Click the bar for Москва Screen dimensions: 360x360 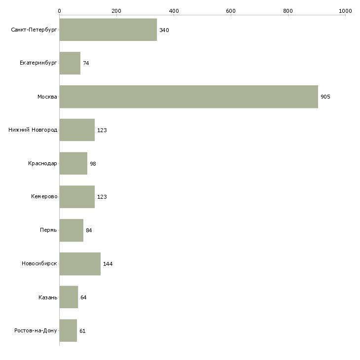tap(189, 97)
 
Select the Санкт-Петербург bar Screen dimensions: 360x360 tap(108, 30)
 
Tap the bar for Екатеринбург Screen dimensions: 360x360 tap(70, 63)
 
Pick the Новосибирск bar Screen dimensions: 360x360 tap(80, 264)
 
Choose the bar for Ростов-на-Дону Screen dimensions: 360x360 tap(68, 330)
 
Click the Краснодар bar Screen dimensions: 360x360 tap(73, 163)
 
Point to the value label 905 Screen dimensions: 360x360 tap(325, 97)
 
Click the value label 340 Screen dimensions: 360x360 tap(164, 30)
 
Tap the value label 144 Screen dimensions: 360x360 tap(108, 264)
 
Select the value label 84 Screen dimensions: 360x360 tap(89, 230)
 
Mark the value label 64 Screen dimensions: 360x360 tap(83, 297)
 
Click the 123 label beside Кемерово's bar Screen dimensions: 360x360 tap(102, 197)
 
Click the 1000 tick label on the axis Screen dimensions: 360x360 tap(345, 11)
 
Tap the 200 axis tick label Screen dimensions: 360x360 tap(116, 11)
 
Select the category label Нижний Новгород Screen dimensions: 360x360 tap(33, 130)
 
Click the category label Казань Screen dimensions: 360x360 tap(48, 297)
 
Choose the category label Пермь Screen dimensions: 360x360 tap(48, 230)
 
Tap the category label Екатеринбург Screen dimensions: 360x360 tap(38, 63)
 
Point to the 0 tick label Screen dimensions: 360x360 tap(60, 11)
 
